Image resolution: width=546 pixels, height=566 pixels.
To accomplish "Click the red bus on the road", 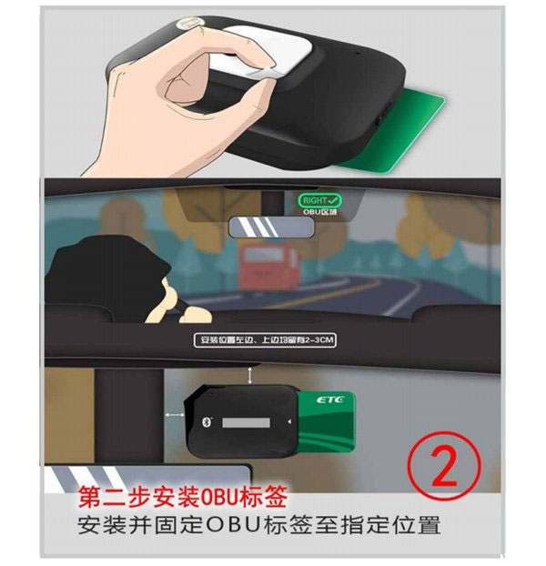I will click(261, 272).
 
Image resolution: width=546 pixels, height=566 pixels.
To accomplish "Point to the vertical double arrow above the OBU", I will click(250, 375).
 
